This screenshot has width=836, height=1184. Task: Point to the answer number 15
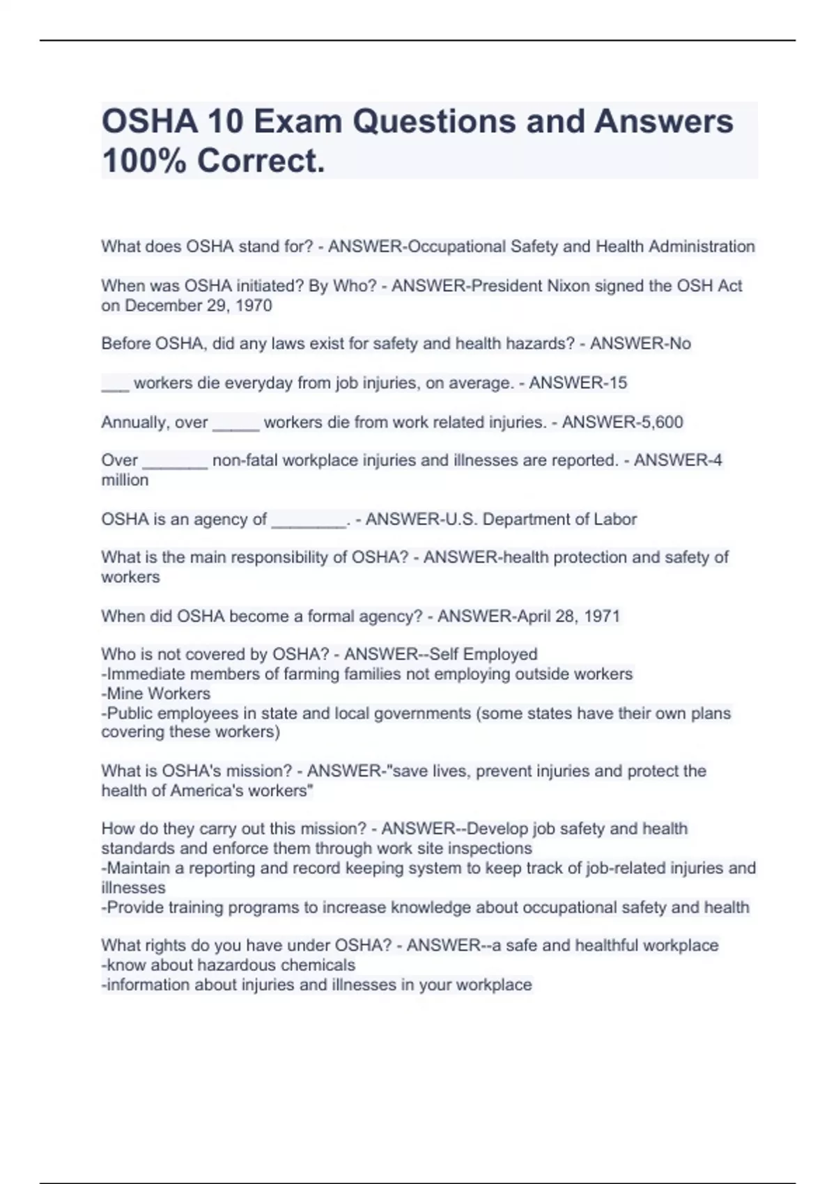click(617, 383)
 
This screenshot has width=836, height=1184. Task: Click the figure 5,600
click(658, 422)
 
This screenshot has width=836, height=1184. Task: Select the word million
click(125, 481)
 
